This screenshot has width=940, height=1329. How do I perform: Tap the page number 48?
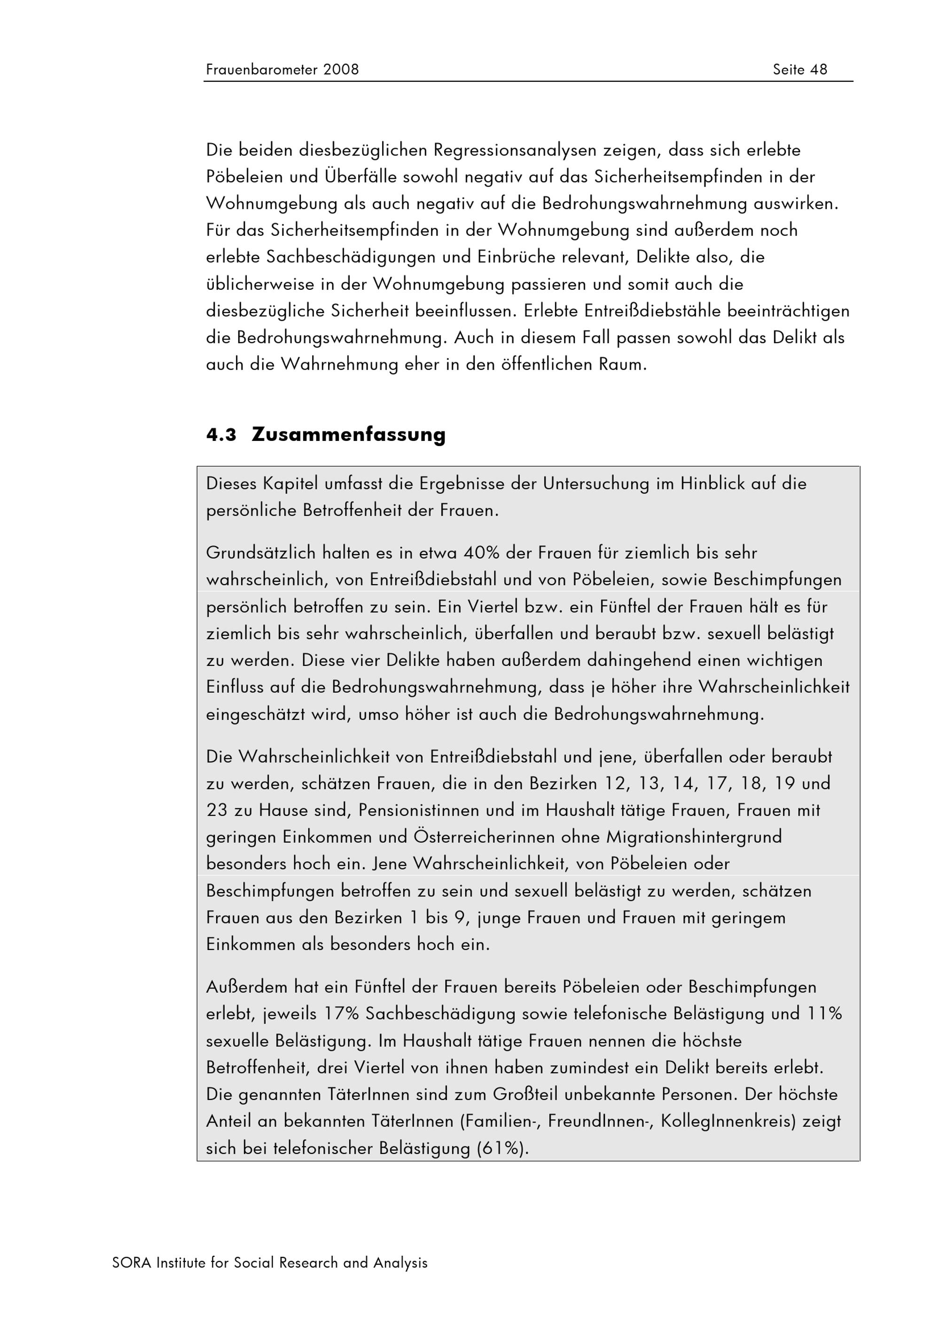click(818, 70)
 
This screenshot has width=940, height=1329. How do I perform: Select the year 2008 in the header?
click(341, 70)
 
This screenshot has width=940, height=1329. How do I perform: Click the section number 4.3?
click(221, 435)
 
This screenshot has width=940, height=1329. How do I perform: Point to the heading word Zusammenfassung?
click(349, 435)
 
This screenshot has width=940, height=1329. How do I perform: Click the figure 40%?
click(481, 553)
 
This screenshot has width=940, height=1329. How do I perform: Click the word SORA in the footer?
click(132, 1262)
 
